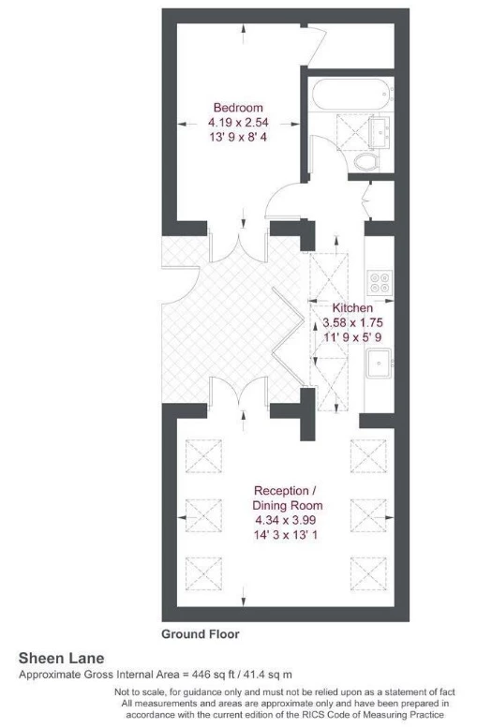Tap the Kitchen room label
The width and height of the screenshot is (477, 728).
(x=352, y=307)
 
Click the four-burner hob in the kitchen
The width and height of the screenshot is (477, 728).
(x=380, y=279)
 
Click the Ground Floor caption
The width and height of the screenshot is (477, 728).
(x=200, y=634)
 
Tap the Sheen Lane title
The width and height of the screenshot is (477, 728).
(x=62, y=659)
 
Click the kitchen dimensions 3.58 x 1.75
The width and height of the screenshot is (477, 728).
(x=352, y=321)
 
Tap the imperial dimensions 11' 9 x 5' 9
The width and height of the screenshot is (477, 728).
(x=352, y=335)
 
